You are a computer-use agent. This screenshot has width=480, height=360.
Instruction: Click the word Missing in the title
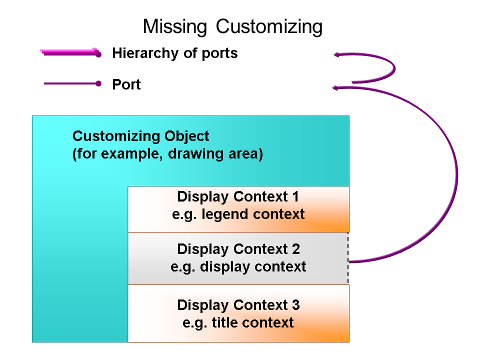click(175, 26)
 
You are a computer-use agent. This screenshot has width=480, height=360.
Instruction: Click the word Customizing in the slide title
click(269, 26)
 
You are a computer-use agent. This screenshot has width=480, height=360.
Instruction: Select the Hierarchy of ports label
click(174, 53)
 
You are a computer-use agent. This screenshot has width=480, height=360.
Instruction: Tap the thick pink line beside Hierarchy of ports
click(70, 52)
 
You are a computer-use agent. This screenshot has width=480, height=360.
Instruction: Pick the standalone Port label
click(126, 84)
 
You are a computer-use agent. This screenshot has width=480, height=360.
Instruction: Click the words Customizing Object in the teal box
click(140, 136)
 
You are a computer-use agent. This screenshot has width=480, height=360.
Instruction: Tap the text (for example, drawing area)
click(167, 153)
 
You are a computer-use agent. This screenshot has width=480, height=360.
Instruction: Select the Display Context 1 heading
click(238, 196)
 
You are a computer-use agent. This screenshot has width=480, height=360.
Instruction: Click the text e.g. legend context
click(238, 214)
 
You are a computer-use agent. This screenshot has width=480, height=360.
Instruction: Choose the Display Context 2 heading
click(238, 248)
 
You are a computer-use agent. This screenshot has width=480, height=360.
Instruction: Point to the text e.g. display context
click(238, 266)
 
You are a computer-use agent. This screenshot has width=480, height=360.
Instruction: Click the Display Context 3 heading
click(238, 304)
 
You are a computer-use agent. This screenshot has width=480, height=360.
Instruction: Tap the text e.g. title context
click(238, 322)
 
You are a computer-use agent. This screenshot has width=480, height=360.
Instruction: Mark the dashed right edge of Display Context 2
click(348, 258)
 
